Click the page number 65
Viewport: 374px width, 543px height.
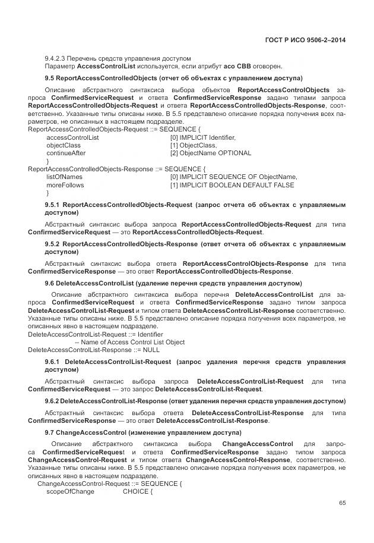[x=343, y=503]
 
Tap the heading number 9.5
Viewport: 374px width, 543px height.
[x=50, y=78]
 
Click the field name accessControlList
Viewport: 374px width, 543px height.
[x=72, y=137]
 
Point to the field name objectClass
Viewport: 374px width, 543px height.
[x=64, y=145]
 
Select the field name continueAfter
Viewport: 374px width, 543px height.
[x=66, y=153]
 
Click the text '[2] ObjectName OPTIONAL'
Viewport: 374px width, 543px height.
[x=210, y=153]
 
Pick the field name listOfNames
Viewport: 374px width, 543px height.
[x=64, y=177]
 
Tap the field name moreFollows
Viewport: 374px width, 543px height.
[x=65, y=184]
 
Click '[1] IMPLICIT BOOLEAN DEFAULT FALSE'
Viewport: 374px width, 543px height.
[x=232, y=184]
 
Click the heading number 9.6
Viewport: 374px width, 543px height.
[x=50, y=283]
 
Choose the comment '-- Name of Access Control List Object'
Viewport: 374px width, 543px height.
[x=129, y=342]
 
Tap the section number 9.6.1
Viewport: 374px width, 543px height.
[x=53, y=361]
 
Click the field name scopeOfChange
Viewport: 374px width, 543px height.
[x=70, y=491]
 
